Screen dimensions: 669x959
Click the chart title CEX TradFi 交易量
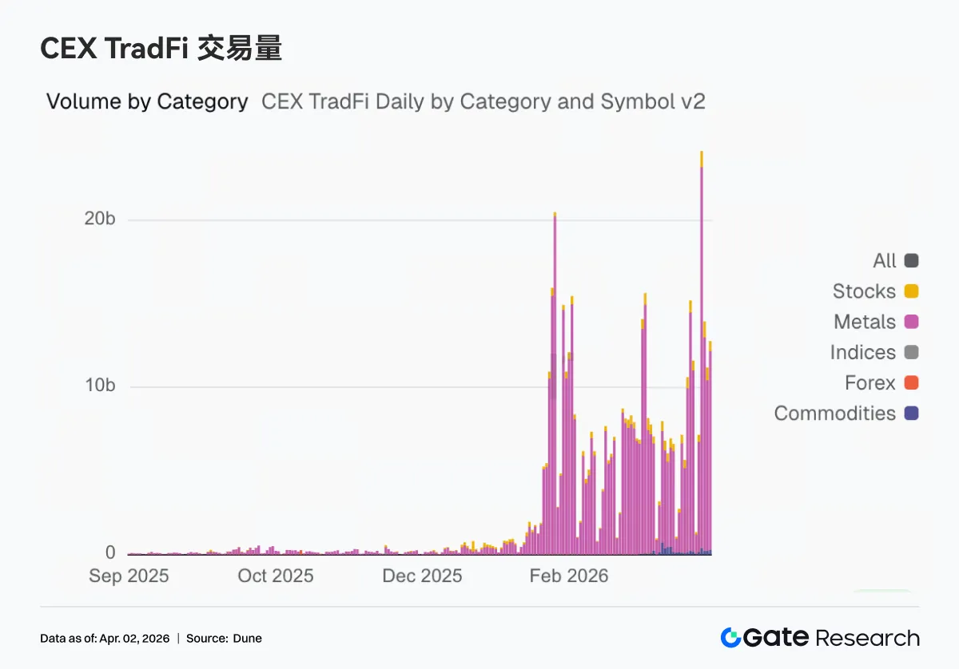[161, 49]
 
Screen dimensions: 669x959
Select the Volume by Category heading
[147, 101]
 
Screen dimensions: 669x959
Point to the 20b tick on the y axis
[100, 220]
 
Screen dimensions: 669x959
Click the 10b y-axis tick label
[100, 386]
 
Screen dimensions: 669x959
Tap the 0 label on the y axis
[110, 552]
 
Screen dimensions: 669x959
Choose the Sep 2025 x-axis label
[129, 576]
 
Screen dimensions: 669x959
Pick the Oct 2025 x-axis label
[276, 576]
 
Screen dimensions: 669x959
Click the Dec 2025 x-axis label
[422, 576]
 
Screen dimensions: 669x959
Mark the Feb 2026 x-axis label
[569, 576]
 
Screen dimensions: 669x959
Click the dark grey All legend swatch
[912, 260]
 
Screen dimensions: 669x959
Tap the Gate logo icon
[730, 638]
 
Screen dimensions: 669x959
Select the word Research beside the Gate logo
[867, 638]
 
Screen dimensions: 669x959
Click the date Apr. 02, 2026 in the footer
[135, 639]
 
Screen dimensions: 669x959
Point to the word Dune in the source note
[248, 639]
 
